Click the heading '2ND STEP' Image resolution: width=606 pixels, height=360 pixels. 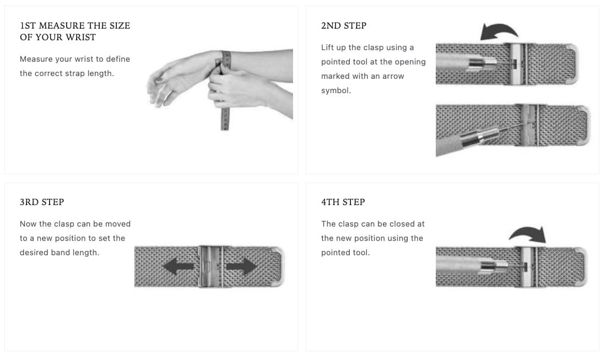coord(343,25)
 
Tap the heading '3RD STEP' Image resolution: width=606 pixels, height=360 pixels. coord(42,202)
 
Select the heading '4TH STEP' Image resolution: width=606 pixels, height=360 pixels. coord(343,202)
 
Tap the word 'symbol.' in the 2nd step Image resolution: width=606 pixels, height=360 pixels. coord(336,90)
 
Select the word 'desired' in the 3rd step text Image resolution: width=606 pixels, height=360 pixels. coord(34,252)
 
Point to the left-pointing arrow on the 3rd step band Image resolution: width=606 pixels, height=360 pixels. coord(178,267)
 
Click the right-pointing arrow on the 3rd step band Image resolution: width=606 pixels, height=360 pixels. coord(241,267)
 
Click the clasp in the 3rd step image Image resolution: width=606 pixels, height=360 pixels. coord(211,266)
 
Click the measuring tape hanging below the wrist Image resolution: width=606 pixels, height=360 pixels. coord(225,116)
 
